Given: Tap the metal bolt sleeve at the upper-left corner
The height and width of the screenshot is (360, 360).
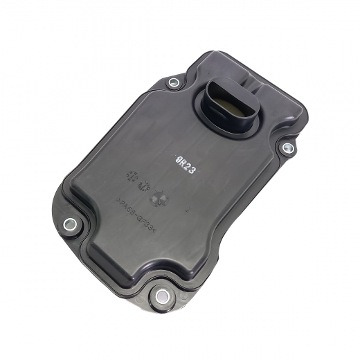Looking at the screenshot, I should tap(174, 83).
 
